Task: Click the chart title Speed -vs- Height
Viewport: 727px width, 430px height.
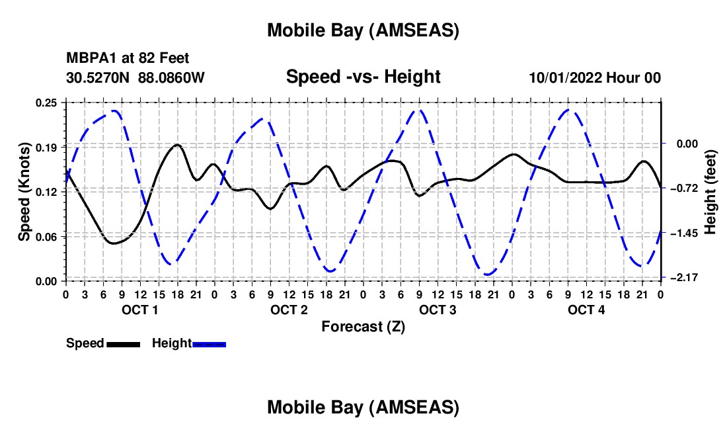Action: click(363, 77)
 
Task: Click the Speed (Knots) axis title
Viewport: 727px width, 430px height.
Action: click(24, 192)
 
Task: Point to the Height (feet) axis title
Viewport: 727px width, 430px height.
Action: click(710, 192)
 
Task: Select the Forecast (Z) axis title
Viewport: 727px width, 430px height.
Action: click(363, 327)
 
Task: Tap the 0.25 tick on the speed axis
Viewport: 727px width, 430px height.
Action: click(47, 103)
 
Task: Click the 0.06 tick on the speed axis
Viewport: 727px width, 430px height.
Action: click(47, 236)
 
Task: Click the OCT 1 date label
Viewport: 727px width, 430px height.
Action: click(139, 310)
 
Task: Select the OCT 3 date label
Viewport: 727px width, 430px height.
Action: click(438, 310)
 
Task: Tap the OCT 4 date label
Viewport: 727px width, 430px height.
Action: click(586, 310)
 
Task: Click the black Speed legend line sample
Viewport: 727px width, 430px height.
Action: click(123, 344)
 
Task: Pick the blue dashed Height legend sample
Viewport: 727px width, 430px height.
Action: click(210, 344)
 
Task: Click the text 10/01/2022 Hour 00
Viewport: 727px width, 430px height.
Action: click(595, 78)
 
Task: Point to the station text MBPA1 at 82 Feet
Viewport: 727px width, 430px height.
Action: click(128, 59)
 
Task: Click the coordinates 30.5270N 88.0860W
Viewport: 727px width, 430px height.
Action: click(135, 78)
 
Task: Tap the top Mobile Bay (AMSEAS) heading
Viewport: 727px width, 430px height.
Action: click(363, 30)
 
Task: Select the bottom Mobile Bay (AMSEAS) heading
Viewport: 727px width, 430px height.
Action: click(363, 408)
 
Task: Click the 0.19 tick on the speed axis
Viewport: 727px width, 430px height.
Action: click(47, 147)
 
